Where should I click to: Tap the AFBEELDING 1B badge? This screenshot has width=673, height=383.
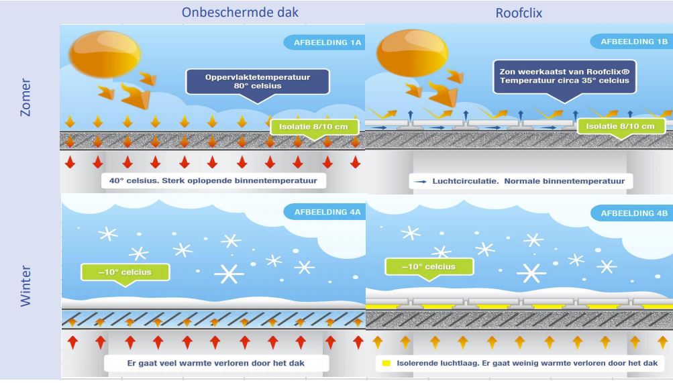(629, 42)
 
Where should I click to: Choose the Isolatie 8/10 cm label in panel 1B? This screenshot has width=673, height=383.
(619, 126)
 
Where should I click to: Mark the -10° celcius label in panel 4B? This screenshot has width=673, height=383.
(429, 267)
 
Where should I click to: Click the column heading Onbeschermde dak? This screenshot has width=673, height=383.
(214, 12)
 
